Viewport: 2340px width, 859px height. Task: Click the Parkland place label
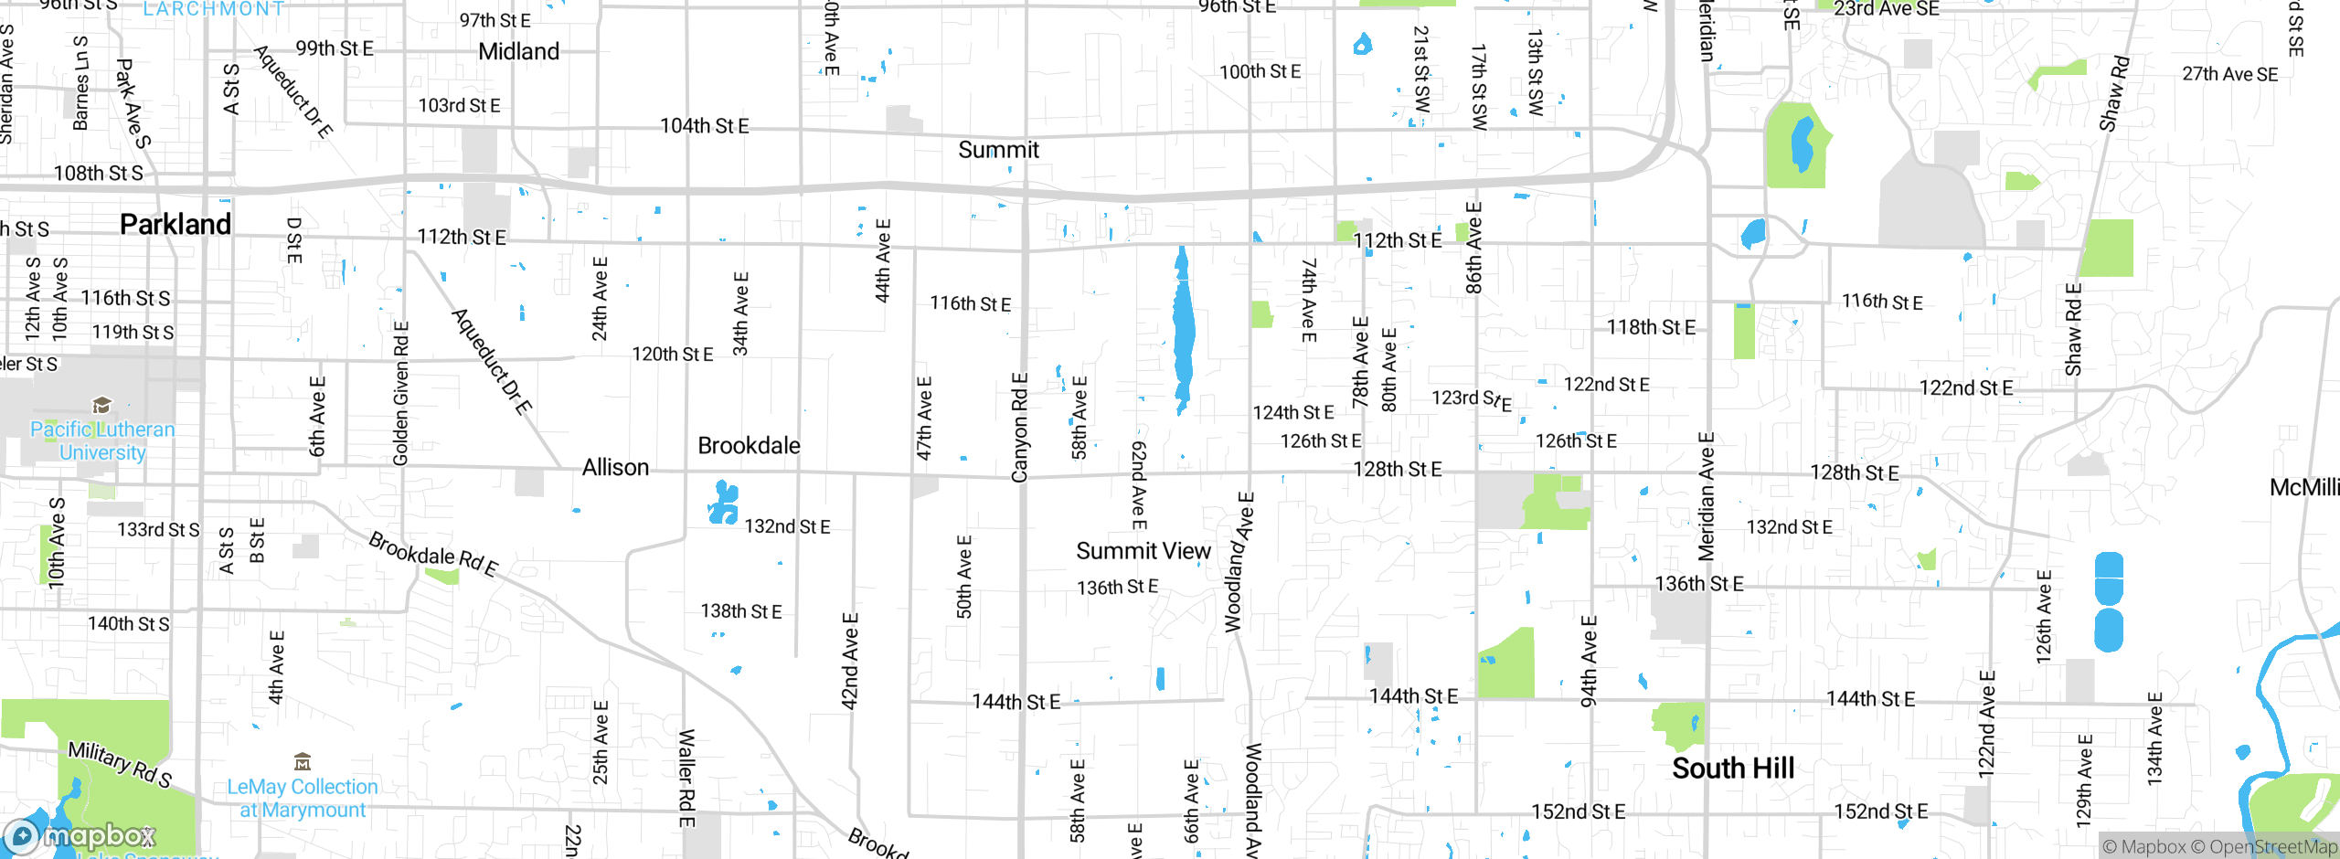(x=175, y=224)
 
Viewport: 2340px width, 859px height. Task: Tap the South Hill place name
(x=1733, y=769)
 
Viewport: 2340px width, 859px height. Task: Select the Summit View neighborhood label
(x=1143, y=551)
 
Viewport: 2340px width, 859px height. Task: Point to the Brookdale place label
(x=749, y=446)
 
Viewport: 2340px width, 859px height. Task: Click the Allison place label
(x=615, y=468)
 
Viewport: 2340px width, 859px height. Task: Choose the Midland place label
(x=518, y=51)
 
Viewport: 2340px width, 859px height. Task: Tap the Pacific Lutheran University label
(x=102, y=441)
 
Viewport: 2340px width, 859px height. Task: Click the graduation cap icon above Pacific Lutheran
(x=102, y=405)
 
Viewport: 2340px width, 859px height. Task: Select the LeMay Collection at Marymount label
(x=303, y=799)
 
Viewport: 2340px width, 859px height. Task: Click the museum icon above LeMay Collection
(x=303, y=761)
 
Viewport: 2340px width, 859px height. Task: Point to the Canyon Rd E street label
(x=1020, y=428)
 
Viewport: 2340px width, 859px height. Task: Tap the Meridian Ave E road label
(x=1706, y=496)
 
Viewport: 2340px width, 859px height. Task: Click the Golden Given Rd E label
(x=401, y=393)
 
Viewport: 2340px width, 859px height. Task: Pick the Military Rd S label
(x=120, y=764)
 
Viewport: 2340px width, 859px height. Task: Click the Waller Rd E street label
(x=686, y=779)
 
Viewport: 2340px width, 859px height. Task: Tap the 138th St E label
(x=741, y=611)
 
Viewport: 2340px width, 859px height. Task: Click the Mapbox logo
(x=80, y=836)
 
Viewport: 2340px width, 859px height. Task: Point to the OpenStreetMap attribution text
(x=2272, y=847)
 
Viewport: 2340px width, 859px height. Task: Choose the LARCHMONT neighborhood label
(x=214, y=9)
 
